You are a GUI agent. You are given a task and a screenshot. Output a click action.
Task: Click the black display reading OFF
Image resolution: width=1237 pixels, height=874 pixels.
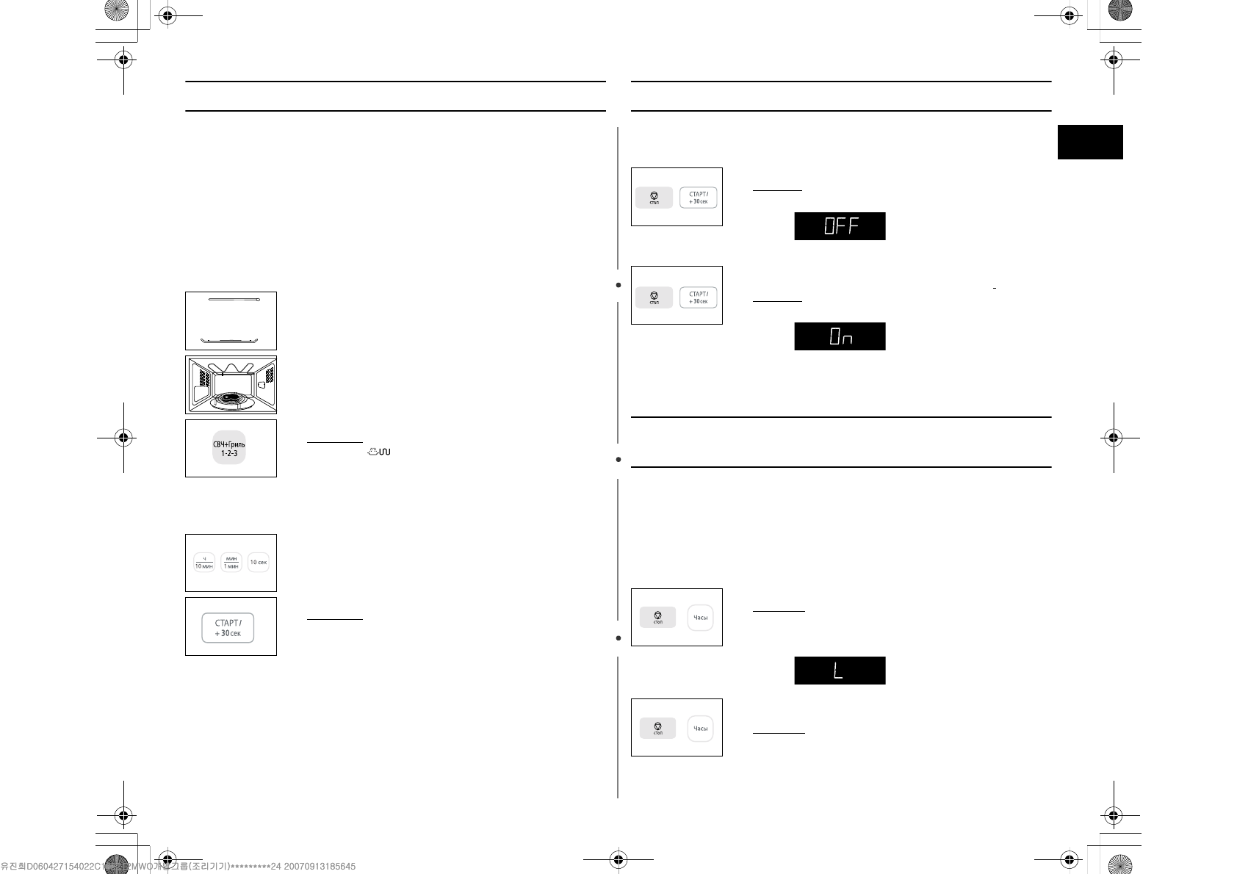coord(840,226)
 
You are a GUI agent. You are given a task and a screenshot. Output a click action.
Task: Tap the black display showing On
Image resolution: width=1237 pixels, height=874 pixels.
coord(840,336)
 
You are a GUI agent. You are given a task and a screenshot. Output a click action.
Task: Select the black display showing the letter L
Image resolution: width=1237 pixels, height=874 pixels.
coord(840,671)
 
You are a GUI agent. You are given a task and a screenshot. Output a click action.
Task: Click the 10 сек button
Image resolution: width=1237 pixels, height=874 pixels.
coord(259,563)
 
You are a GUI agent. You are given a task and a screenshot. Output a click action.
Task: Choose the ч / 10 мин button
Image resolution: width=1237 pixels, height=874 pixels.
coord(203,563)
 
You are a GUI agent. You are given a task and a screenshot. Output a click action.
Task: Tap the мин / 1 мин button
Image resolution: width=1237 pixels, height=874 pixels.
coord(231,563)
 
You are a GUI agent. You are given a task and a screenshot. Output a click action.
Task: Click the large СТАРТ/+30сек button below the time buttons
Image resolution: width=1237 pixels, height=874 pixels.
coord(228,628)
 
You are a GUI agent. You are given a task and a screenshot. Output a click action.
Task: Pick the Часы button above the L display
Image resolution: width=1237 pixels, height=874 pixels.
coord(701,618)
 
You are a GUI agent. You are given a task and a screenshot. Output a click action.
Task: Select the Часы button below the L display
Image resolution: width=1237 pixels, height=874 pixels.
coord(701,729)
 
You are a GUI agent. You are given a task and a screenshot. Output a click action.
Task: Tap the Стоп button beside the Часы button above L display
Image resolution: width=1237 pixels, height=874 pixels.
coord(657,618)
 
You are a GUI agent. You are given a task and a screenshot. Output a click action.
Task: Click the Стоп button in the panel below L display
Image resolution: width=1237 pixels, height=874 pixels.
coord(657,729)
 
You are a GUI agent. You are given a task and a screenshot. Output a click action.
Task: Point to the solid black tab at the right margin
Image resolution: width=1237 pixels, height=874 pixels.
coord(1090,142)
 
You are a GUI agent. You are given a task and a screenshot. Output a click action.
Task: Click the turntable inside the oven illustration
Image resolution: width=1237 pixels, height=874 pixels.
coord(231,400)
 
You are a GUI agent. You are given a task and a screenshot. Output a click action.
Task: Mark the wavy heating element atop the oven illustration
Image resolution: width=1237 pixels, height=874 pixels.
coord(231,368)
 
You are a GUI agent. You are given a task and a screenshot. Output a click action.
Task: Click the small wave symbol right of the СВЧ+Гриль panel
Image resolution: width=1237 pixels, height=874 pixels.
coord(379,451)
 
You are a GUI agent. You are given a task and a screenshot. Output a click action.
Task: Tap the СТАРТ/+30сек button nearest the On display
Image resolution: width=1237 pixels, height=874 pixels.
coord(698,297)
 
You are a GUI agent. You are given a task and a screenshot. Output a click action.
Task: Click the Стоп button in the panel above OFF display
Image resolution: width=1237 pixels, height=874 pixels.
coord(654,198)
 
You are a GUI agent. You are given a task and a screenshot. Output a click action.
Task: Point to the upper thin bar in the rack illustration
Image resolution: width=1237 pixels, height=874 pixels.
coord(234,300)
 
